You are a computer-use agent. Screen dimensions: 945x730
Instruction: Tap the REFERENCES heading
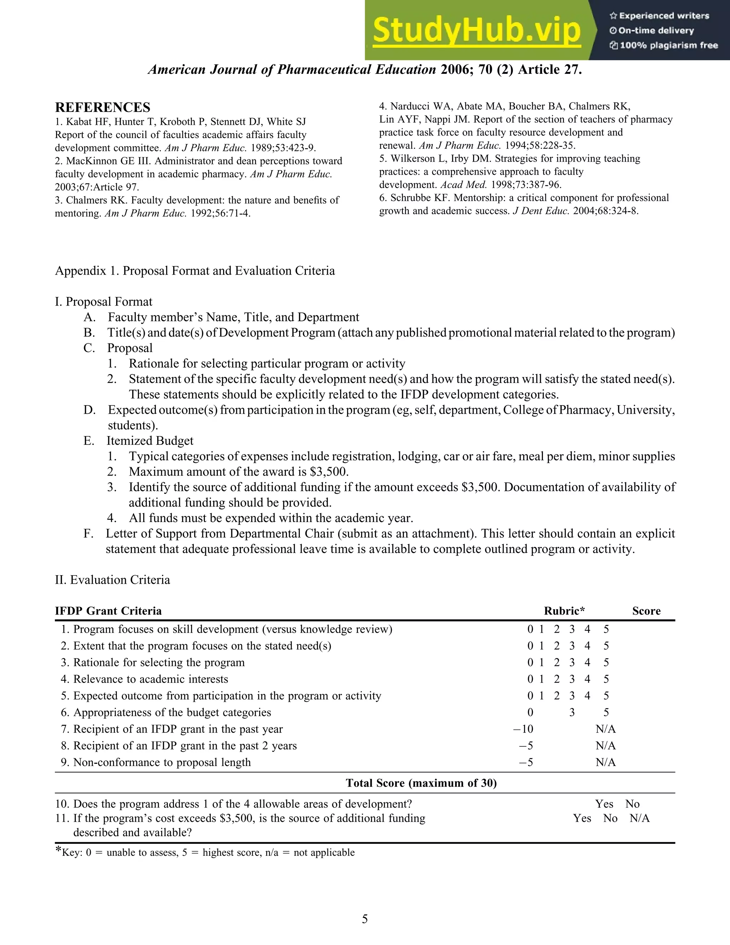103,107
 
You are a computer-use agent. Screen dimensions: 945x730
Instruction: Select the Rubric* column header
564,611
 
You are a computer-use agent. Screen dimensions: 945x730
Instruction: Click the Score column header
646,611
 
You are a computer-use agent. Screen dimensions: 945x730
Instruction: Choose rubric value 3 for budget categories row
572,712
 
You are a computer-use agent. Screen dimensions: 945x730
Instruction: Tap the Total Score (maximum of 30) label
421,783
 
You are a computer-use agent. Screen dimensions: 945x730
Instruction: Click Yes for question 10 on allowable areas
604,803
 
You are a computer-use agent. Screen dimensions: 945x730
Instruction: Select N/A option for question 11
639,818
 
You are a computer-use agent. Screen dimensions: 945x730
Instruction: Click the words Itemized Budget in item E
150,440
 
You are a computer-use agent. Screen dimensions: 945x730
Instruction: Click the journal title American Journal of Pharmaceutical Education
292,69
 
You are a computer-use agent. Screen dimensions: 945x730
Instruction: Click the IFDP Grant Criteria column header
108,611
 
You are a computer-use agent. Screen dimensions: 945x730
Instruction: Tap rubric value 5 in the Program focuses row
606,629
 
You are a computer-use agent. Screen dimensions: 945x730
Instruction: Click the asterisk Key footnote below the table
205,852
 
